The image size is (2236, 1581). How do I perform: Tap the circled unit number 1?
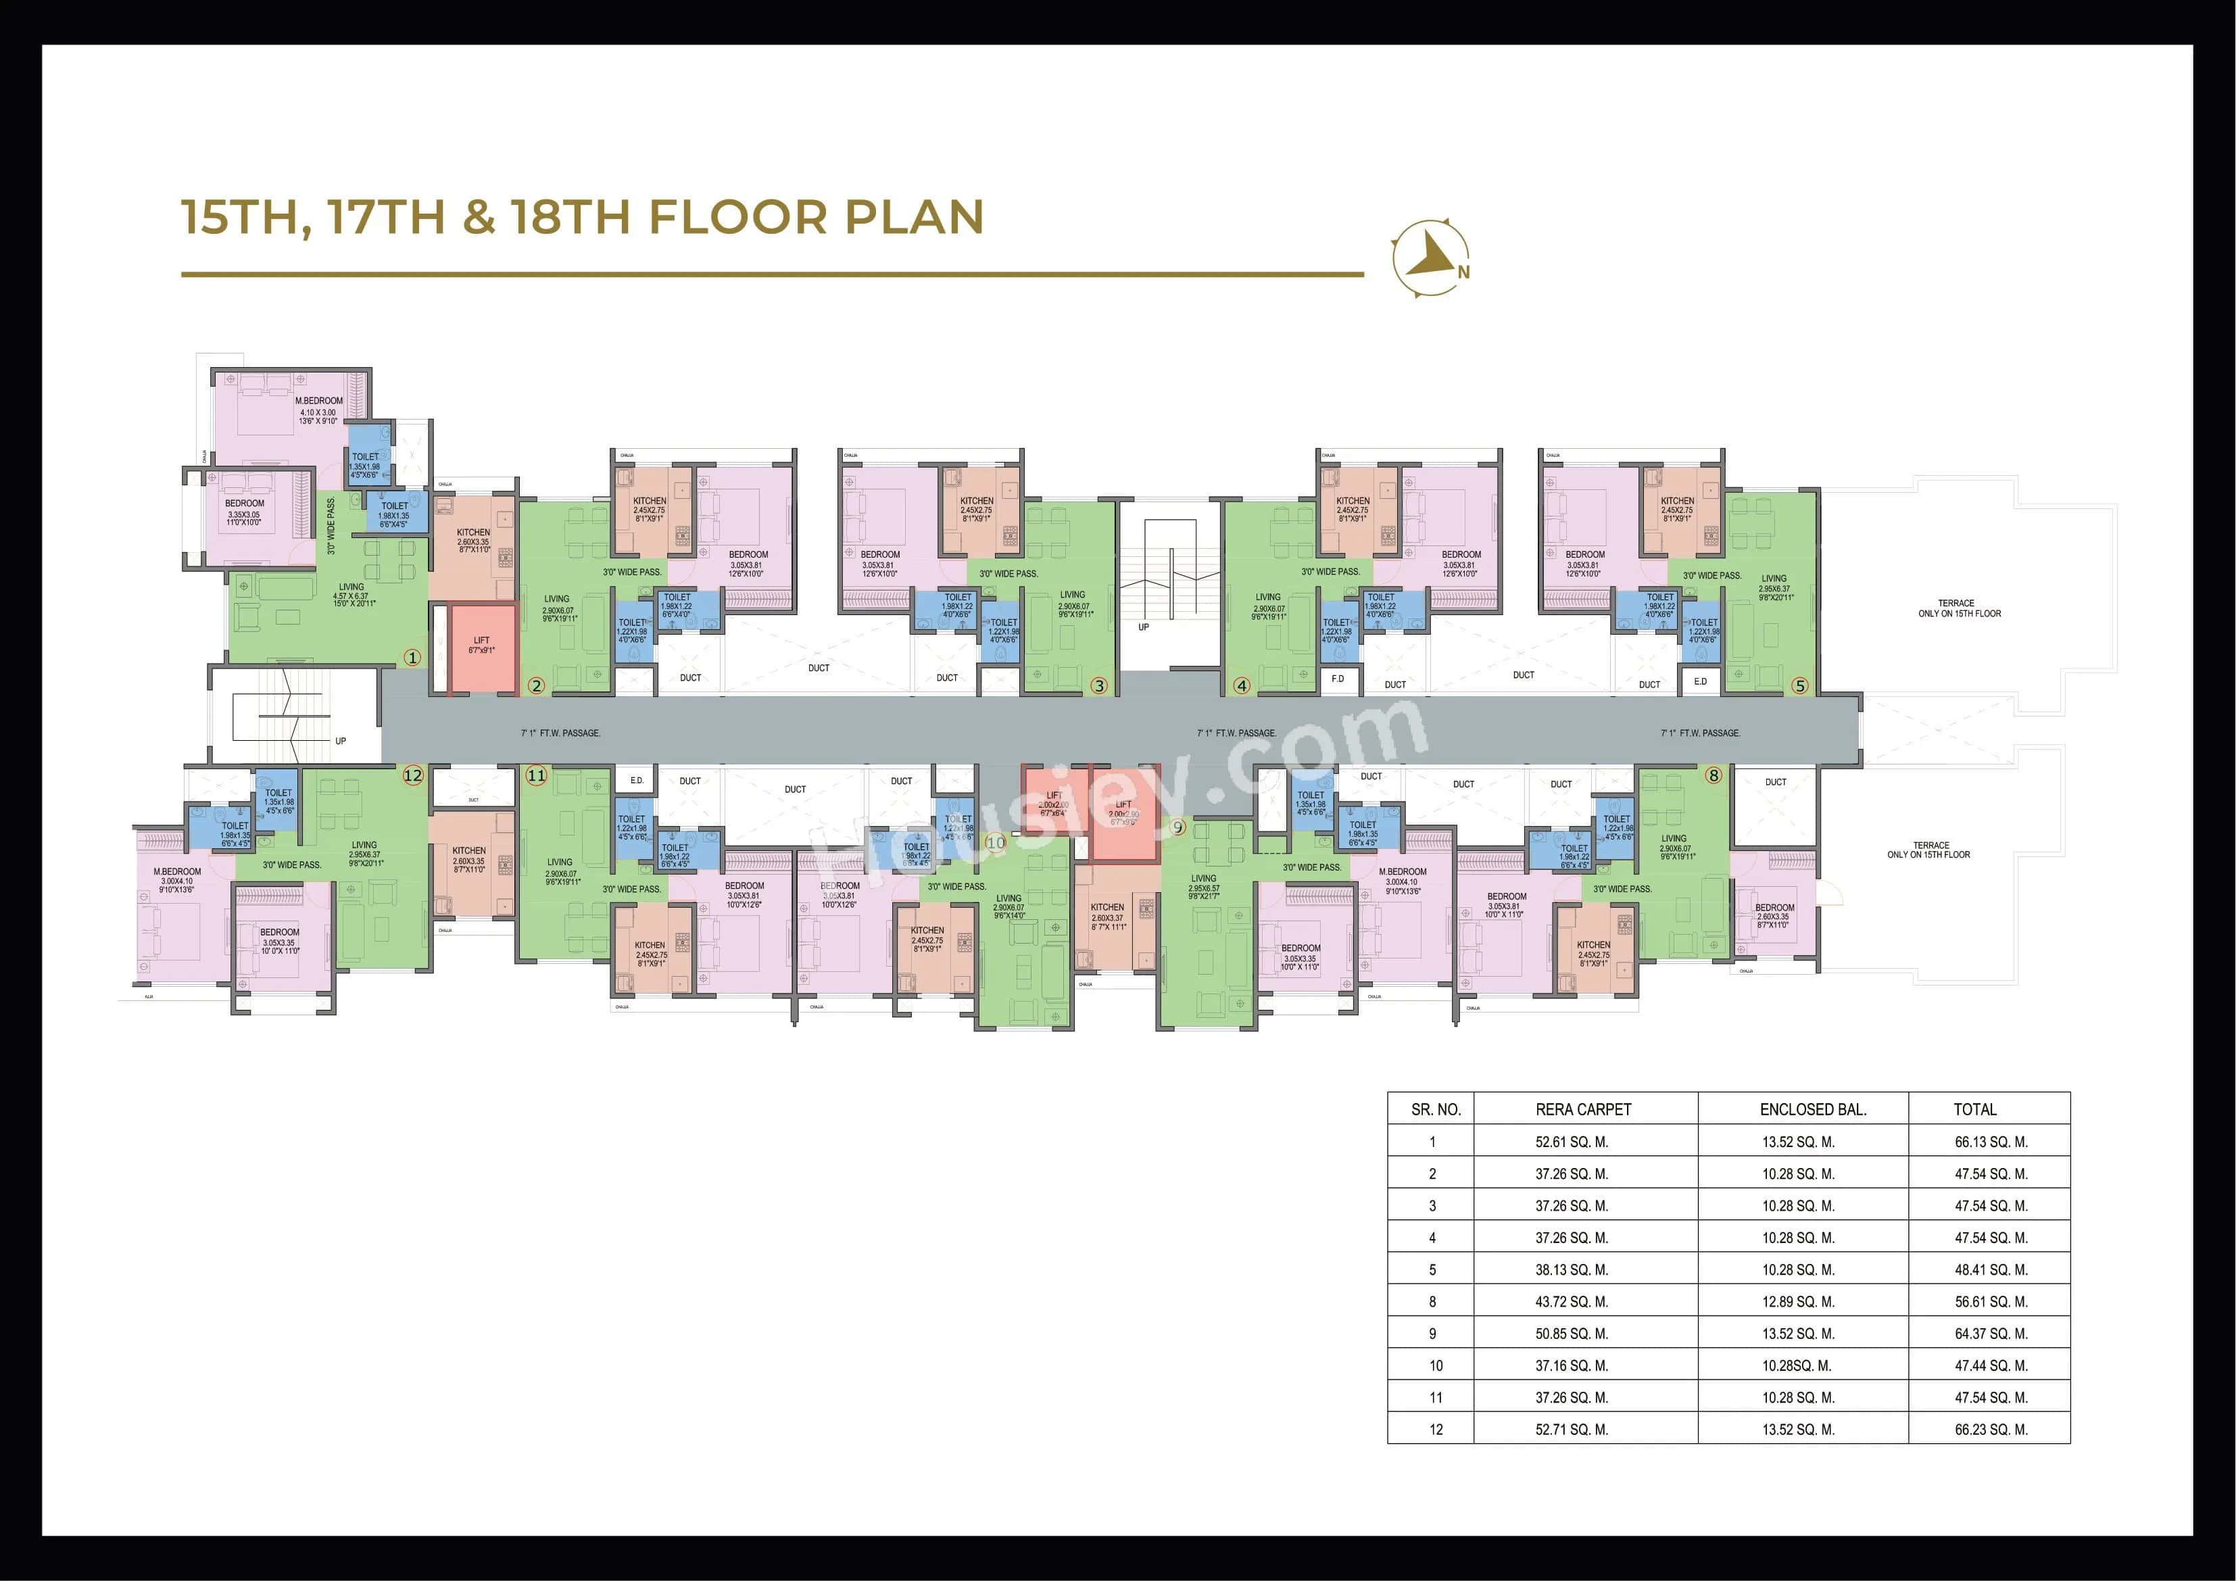coord(412,658)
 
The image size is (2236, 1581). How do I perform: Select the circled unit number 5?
coord(1800,686)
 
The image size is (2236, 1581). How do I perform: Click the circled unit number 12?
coord(413,775)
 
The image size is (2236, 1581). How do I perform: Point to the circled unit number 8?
coord(1713,775)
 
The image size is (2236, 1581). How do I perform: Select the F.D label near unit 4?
coord(1337,679)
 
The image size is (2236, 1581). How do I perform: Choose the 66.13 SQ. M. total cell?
coord(1991,1142)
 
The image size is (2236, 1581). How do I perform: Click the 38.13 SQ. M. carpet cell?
coord(1571,1270)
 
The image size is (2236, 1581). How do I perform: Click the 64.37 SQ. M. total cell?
coord(1991,1334)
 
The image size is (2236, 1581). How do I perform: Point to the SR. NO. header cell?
coord(1436,1109)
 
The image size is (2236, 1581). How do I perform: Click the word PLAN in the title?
coord(913,216)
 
